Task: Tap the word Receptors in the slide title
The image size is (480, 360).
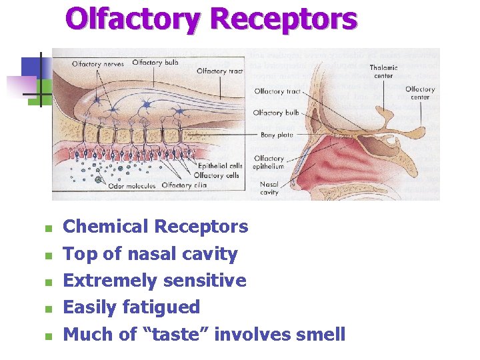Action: pyautogui.click(x=283, y=20)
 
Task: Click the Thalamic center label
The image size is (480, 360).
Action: pyautogui.click(x=384, y=71)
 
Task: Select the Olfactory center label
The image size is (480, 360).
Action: pyautogui.click(x=420, y=93)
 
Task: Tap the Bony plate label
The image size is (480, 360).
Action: pyautogui.click(x=277, y=135)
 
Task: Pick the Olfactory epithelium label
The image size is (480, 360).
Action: pyautogui.click(x=269, y=162)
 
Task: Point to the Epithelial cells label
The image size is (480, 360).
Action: pyautogui.click(x=221, y=165)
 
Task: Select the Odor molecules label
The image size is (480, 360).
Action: pyautogui.click(x=131, y=186)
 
